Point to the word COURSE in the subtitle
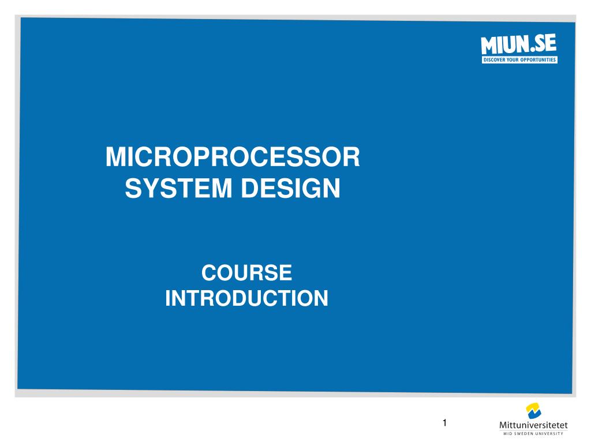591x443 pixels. [246, 272]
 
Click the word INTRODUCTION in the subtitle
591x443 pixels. [246, 298]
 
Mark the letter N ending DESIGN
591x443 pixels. [332, 189]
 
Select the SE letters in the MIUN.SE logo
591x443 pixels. [544, 44]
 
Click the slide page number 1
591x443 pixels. [445, 423]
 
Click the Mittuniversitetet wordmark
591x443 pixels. [533, 425]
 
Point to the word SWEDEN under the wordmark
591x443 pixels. [525, 434]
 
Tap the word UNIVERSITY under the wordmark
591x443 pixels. [550, 434]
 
